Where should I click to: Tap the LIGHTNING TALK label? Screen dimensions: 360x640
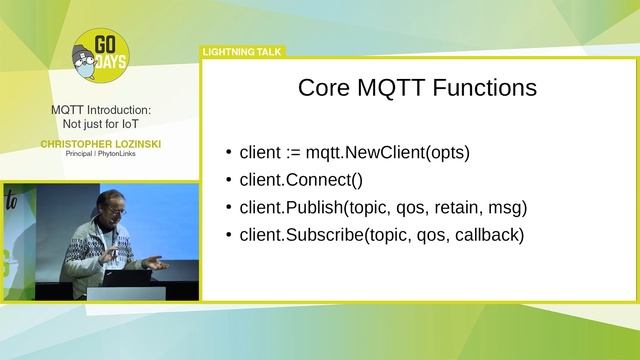pos(243,52)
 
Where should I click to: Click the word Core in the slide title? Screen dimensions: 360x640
pos(324,88)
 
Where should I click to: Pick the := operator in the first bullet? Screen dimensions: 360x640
pos(293,153)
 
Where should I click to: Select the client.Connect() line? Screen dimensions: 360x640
pos(301,180)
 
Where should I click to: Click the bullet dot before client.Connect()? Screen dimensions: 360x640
pos(230,181)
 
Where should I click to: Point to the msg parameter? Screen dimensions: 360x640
pos(504,208)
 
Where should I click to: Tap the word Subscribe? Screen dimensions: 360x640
pos(325,235)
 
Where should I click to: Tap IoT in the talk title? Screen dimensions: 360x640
pos(127,124)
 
